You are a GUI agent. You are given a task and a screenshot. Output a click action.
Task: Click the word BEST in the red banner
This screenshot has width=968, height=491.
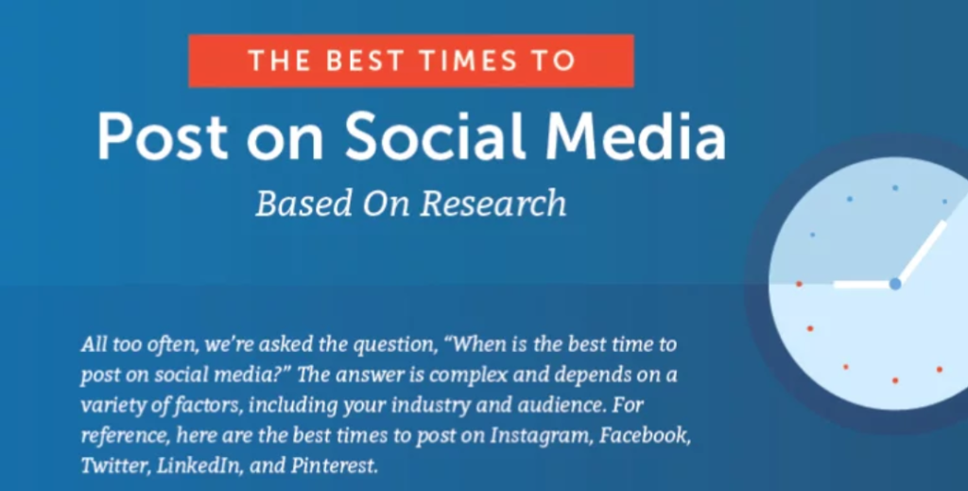(x=366, y=61)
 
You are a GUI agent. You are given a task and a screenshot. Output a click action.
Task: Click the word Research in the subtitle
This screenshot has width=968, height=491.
(x=493, y=203)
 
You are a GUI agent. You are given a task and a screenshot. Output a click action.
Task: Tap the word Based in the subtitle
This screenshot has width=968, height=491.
(x=303, y=203)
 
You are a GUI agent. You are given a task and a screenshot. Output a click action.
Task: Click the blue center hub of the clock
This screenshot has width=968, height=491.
(x=895, y=284)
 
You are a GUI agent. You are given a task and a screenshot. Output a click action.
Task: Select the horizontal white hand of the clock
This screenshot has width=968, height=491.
(x=862, y=284)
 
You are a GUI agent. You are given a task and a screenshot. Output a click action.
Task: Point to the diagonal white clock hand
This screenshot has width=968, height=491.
(x=922, y=251)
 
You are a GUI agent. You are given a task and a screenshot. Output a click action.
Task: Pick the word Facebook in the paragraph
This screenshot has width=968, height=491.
(x=645, y=435)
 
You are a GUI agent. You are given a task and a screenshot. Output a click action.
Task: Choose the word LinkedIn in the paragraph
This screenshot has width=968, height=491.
(x=199, y=465)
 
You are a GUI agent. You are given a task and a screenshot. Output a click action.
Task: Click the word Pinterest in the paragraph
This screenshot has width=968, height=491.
(x=334, y=465)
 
